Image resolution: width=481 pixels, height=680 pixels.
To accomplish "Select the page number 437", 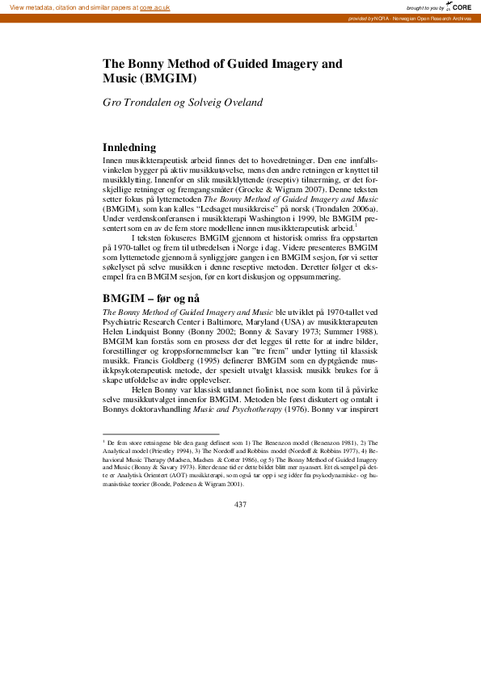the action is point(240,505).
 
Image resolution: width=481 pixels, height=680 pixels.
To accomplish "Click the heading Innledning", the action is point(134,148).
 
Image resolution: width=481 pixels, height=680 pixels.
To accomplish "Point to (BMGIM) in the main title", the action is point(168,78).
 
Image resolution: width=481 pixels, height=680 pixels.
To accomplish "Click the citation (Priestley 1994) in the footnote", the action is point(162,453).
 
